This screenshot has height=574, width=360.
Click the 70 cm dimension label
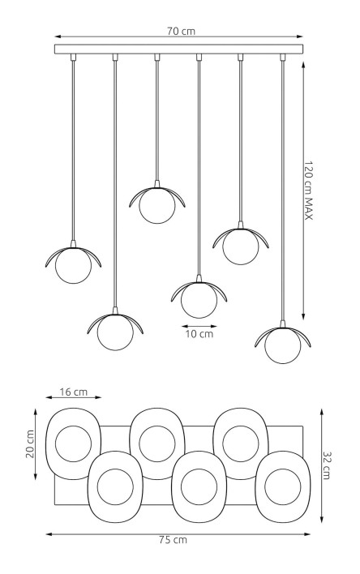pyautogui.click(x=181, y=31)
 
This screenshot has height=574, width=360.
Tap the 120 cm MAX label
pyautogui.click(x=309, y=191)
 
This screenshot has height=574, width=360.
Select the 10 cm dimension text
pyautogui.click(x=199, y=334)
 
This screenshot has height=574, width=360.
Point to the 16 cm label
pyautogui.click(x=74, y=392)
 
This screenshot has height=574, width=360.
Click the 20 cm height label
pyautogui.click(x=30, y=443)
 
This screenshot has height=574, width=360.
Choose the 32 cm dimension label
pyautogui.click(x=326, y=465)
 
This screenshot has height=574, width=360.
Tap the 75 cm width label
pyautogui.click(x=173, y=540)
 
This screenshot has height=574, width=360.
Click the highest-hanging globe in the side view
pyautogui.click(x=157, y=205)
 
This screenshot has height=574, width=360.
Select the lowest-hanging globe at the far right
pyautogui.click(x=283, y=345)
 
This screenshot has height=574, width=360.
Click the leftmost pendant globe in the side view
pyautogui.click(x=73, y=265)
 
